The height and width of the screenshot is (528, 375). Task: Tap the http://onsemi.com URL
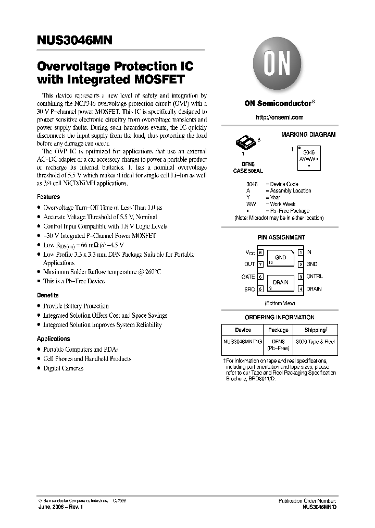point(279,118)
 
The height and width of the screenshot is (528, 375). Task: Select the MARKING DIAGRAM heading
point(308,135)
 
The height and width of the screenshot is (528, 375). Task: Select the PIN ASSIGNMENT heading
point(281,237)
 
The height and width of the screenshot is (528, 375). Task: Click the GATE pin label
point(248,277)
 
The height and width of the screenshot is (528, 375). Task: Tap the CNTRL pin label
point(315,277)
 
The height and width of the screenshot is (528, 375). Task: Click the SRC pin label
point(249,289)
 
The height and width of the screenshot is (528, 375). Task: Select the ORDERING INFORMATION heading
point(280,317)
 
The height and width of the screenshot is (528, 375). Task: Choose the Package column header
point(278,330)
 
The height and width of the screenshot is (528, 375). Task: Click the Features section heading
point(48,197)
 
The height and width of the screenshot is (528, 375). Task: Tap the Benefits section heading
point(48,295)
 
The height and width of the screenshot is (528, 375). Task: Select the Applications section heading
point(53,339)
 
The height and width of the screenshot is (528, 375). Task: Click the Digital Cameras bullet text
point(63,368)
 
